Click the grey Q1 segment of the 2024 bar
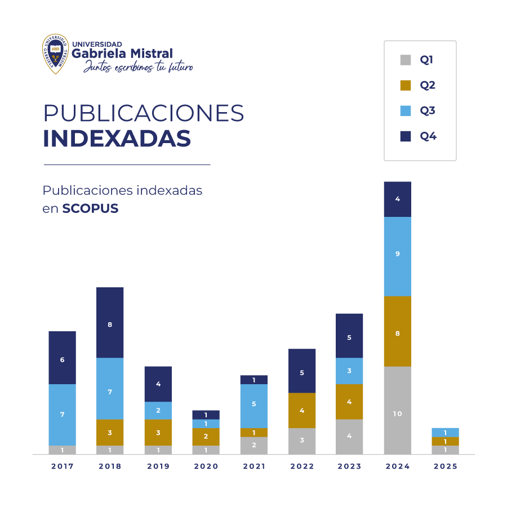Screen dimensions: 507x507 [x=397, y=410]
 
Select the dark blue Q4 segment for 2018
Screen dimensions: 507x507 [x=110, y=322]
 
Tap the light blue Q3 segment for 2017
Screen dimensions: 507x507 [x=62, y=415]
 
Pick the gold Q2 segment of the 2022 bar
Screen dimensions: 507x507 [x=301, y=410]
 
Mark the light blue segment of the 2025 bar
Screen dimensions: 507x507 [x=445, y=432]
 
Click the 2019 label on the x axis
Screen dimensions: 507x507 [x=158, y=466]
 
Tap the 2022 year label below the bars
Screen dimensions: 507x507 [x=301, y=466]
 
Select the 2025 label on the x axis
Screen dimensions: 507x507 [x=445, y=466]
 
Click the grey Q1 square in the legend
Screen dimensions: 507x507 [x=405, y=60]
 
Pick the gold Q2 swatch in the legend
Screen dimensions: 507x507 [x=405, y=85]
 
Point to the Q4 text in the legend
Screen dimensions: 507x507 [x=428, y=136]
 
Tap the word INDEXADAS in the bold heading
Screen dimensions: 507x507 [x=117, y=139]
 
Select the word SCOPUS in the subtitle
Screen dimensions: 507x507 [x=90, y=208]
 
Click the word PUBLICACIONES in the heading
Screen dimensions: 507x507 [x=144, y=113]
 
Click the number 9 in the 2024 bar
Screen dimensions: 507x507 [x=397, y=254]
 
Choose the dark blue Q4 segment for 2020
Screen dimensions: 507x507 [x=206, y=415]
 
